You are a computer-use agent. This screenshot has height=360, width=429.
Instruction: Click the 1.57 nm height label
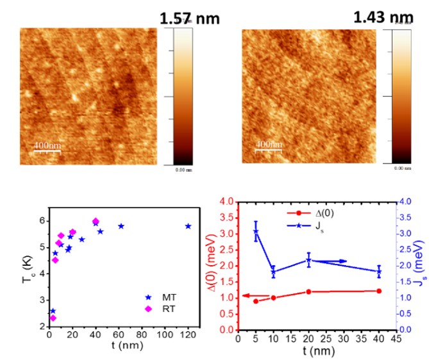point(189,19)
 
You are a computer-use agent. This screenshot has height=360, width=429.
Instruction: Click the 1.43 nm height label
point(383,17)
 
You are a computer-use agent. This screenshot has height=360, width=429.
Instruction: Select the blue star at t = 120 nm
point(188,226)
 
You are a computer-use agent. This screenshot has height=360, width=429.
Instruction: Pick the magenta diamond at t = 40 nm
point(96,221)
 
